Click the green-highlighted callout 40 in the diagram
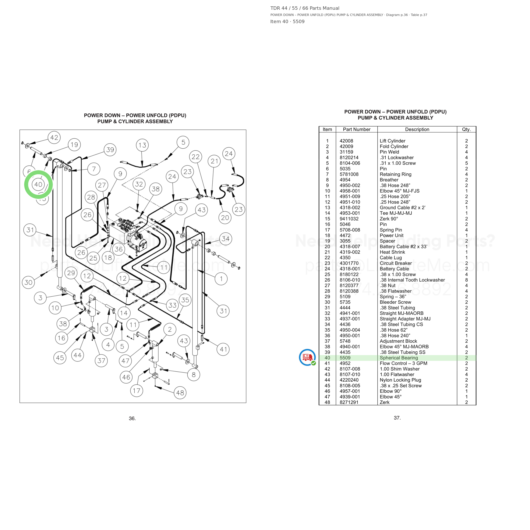tap(38, 184)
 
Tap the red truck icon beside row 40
tap(307, 357)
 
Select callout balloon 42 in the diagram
tap(54, 137)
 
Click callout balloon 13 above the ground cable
tap(142, 145)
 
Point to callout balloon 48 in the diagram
tap(180, 393)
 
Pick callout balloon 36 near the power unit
tap(119, 249)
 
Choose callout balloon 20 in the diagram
tap(225, 218)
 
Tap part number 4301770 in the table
tap(349, 263)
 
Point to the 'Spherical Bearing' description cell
tap(399, 358)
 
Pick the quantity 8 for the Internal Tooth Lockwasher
tap(466, 280)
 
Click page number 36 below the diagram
tap(132, 418)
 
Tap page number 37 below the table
tap(397, 418)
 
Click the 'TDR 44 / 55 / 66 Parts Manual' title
tap(305, 8)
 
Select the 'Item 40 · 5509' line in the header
tap(287, 21)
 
